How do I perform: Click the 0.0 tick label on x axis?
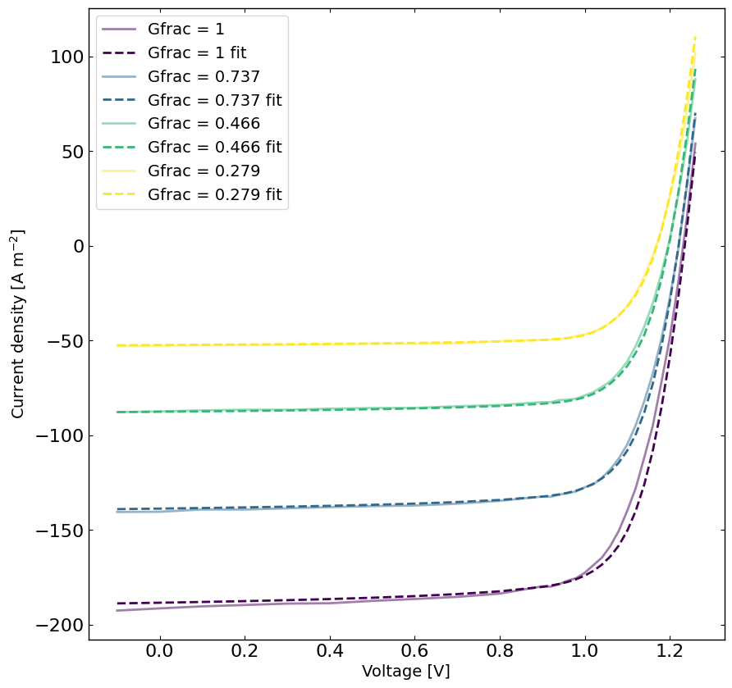pyautogui.click(x=159, y=653)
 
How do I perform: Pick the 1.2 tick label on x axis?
pyautogui.click(x=670, y=653)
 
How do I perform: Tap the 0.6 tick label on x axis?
pyautogui.click(x=414, y=653)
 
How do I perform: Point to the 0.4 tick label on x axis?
pyautogui.click(x=329, y=653)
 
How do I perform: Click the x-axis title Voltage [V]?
pyautogui.click(x=406, y=672)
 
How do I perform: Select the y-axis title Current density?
pyautogui.click(x=18, y=324)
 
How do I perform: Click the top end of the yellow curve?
pyautogui.click(x=695, y=37)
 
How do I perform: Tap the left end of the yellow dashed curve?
pyautogui.click(x=117, y=345)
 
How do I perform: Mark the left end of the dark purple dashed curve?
pyautogui.click(x=117, y=604)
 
